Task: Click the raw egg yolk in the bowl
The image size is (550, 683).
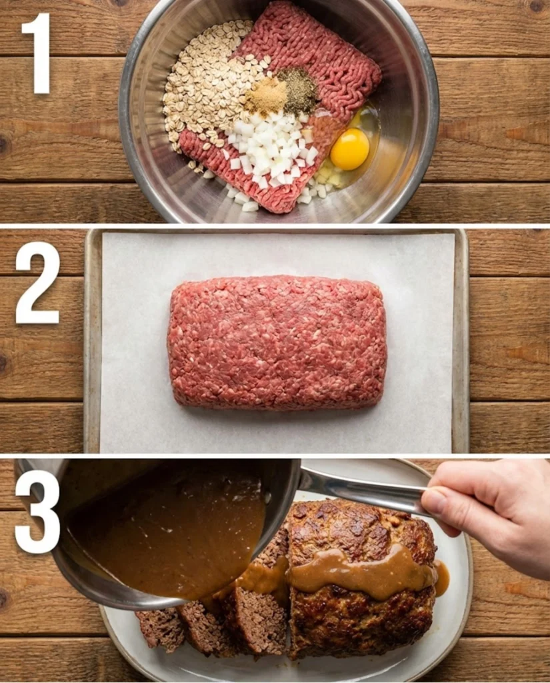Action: (x=349, y=149)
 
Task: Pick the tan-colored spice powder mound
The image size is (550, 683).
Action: (x=267, y=97)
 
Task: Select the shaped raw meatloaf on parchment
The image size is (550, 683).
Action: (x=277, y=341)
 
